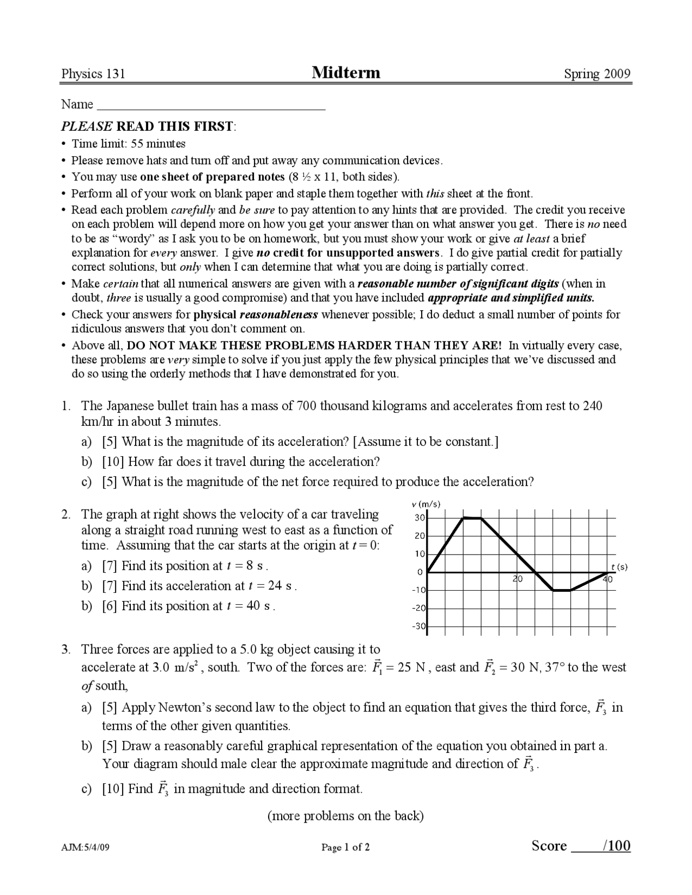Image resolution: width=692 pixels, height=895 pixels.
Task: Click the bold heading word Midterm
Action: coord(346,72)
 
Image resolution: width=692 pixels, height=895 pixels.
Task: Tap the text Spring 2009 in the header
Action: coord(597,74)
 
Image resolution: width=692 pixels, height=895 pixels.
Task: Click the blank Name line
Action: coord(211,105)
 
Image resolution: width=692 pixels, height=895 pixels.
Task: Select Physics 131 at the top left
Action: coord(93,74)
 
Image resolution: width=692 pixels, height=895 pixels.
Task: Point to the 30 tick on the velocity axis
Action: coord(420,518)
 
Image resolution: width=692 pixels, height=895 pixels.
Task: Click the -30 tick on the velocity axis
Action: coord(418,626)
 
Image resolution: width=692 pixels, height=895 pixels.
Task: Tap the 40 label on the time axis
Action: coord(608,579)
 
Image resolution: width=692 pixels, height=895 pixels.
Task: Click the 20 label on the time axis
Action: coord(517,579)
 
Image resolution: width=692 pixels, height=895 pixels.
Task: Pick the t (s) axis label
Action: coord(620,567)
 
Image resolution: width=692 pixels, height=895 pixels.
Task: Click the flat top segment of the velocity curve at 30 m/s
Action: coord(473,518)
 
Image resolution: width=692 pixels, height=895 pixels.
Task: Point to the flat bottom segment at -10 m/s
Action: coord(562,590)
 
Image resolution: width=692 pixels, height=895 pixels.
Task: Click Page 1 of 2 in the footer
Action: coord(345,847)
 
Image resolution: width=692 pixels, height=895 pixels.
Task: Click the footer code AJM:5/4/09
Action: coord(85,847)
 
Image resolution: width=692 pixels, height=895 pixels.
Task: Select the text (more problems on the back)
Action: coord(345,816)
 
